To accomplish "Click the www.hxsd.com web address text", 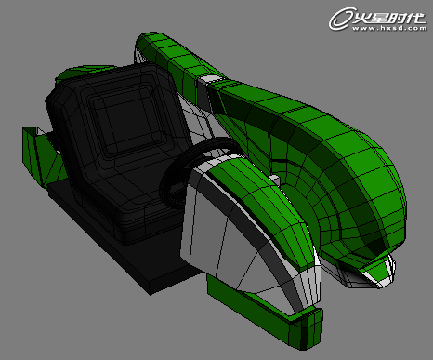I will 381,29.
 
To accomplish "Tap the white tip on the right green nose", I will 376,275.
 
